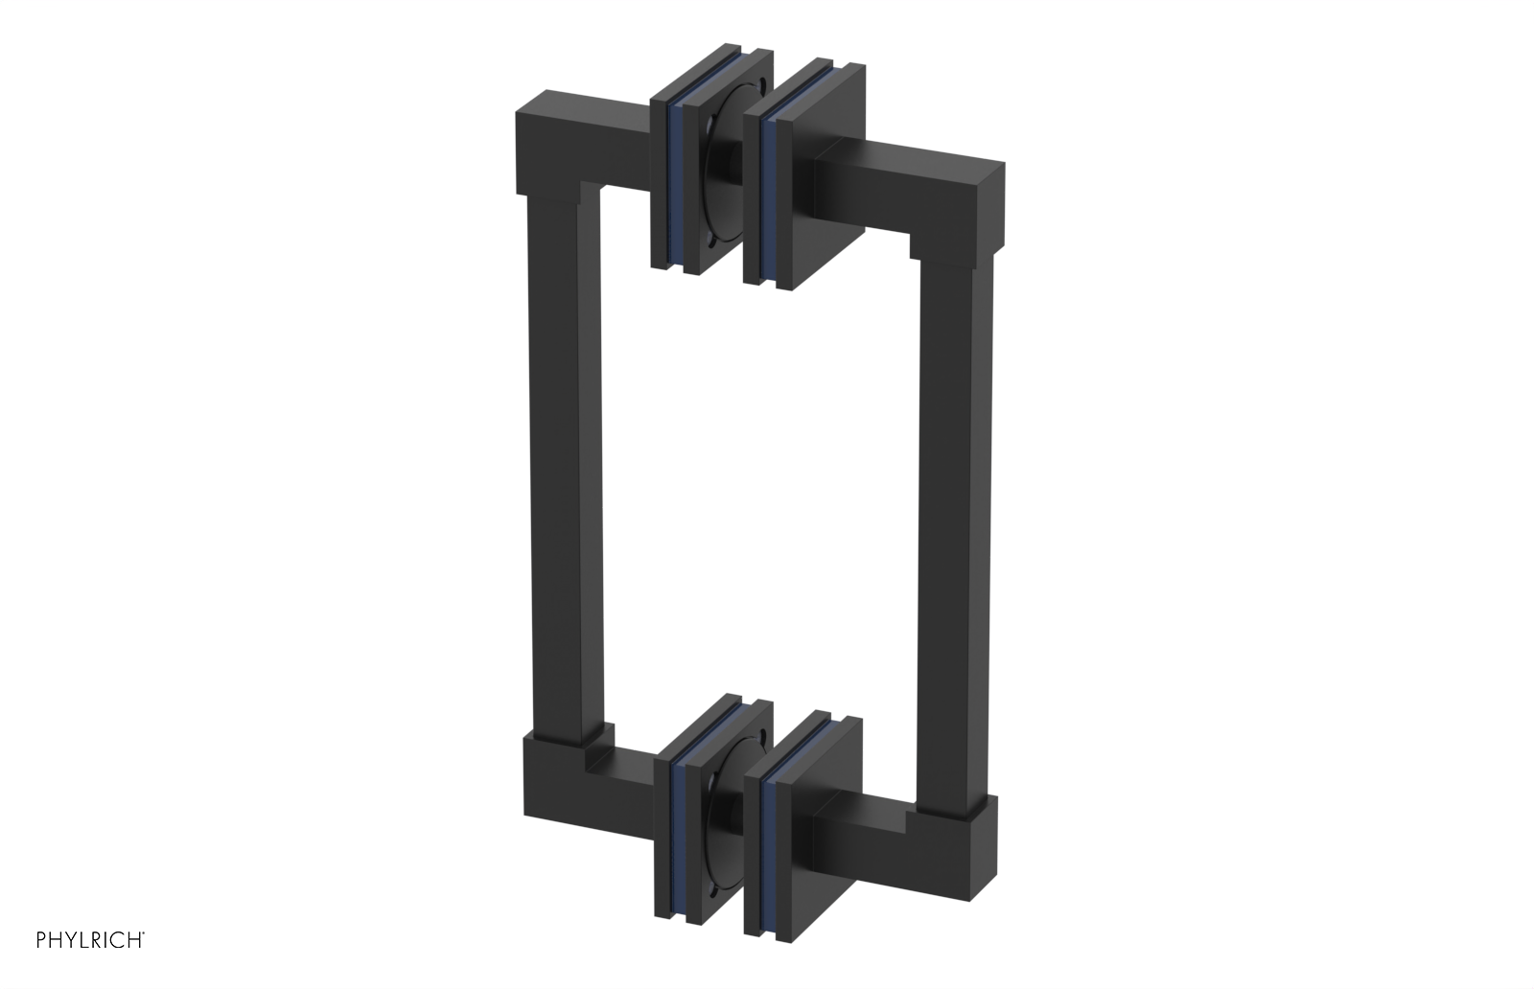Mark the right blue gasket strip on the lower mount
click(x=766, y=834)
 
